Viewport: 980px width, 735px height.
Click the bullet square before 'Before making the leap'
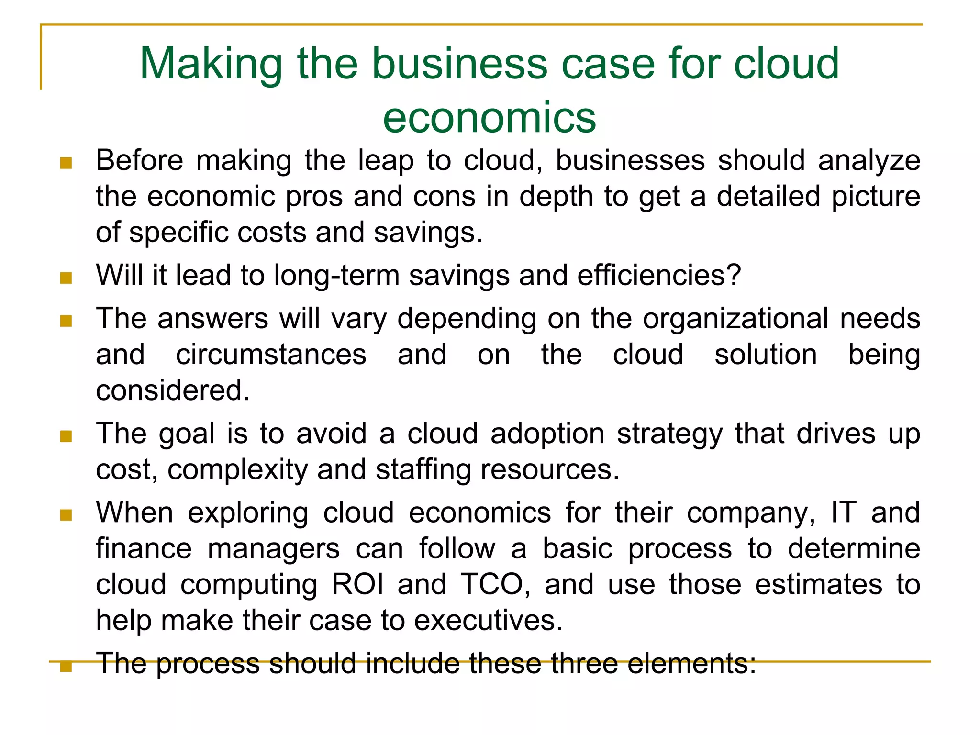pyautogui.click(x=66, y=164)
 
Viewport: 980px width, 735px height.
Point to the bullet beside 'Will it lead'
pyautogui.click(x=66, y=278)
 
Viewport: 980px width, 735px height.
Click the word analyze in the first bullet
pyautogui.click(x=869, y=161)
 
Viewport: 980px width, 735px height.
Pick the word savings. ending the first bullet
pyautogui.click(x=428, y=233)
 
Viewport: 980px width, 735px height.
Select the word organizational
pyautogui.click(x=735, y=319)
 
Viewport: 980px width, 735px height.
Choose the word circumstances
pyautogui.click(x=271, y=355)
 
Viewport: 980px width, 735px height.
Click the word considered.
pyautogui.click(x=173, y=390)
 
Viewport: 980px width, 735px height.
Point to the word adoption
pyautogui.click(x=547, y=434)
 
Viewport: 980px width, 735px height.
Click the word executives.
pyautogui.click(x=488, y=621)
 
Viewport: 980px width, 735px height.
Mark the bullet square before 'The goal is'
pyautogui.click(x=66, y=436)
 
